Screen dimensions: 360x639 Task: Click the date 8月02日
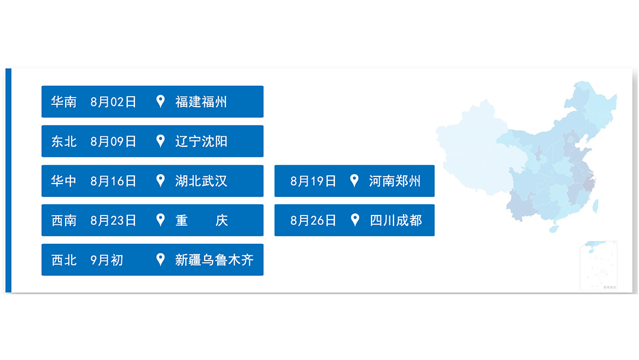113,102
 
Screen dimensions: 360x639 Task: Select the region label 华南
64,102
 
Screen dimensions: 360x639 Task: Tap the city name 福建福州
201,102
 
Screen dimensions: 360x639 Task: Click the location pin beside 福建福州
160,101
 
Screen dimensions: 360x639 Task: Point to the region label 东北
64,142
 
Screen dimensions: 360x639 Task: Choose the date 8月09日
113,142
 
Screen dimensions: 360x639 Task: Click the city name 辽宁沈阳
201,142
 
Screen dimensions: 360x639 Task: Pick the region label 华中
64,181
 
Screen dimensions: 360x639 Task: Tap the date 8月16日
113,181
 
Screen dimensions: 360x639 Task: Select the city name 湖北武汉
201,181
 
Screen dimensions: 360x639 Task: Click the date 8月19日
313,181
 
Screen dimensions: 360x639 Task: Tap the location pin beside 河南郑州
354,181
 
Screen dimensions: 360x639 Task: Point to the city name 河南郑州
395,181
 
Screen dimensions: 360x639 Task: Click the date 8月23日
113,221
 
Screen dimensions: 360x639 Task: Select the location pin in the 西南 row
160,220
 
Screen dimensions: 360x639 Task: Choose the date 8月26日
313,221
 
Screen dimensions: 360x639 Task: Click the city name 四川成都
396,221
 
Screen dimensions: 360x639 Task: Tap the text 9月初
107,260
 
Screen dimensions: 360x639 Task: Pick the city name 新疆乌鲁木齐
214,260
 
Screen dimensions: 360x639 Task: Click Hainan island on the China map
554,228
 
